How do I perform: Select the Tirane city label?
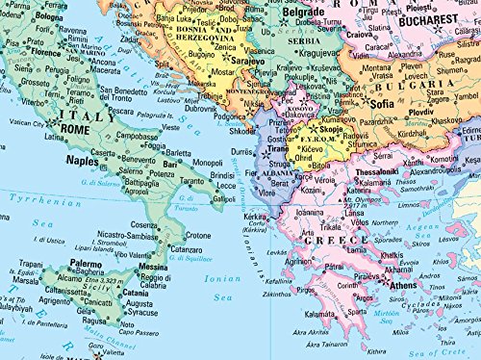pos(278,149)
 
